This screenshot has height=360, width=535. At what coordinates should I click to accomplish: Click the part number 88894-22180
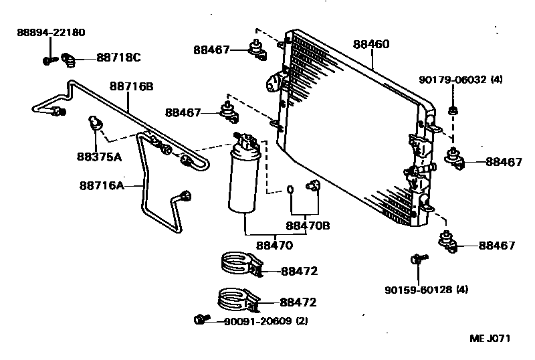pos(51,32)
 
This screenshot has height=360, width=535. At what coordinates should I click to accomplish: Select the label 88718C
pos(118,58)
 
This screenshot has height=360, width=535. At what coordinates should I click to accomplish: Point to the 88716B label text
pos(132,86)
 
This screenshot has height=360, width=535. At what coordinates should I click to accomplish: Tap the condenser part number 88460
pos(371,44)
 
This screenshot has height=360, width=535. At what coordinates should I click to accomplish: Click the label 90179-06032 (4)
pos(460,80)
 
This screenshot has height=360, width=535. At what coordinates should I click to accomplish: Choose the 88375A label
pos(99,157)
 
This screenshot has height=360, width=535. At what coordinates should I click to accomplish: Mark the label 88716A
pos(102,185)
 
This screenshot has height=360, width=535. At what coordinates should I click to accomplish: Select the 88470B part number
pos(308,226)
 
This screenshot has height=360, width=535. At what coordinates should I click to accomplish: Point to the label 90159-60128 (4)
pos(426,290)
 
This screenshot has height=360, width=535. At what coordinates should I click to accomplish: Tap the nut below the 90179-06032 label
pos(453,109)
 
